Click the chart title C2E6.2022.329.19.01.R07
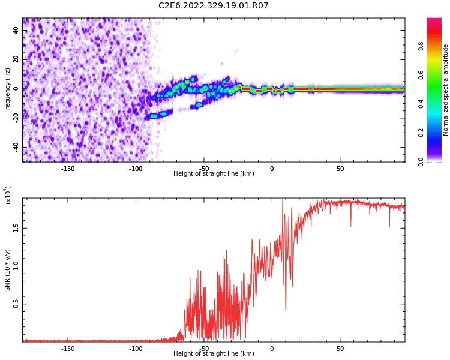tap(213, 6)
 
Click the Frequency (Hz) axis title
tap(8, 90)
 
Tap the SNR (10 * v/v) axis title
tap(8, 270)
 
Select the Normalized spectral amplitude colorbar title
tap(446, 90)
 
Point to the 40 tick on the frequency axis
tap(16, 31)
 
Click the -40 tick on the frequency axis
tap(15, 148)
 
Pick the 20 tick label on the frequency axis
tap(16, 60)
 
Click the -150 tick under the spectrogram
tap(68, 168)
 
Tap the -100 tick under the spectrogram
tap(136, 168)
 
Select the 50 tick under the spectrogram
tap(340, 168)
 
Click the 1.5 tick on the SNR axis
tap(16, 228)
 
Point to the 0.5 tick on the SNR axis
tap(16, 304)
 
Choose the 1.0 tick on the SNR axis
tap(16, 266)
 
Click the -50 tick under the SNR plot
tap(204, 348)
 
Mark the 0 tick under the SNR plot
tap(272, 348)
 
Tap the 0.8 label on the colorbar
tap(421, 46)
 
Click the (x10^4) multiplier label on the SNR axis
tap(8, 195)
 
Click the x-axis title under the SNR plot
tap(214, 354)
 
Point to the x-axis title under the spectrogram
tap(214, 174)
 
